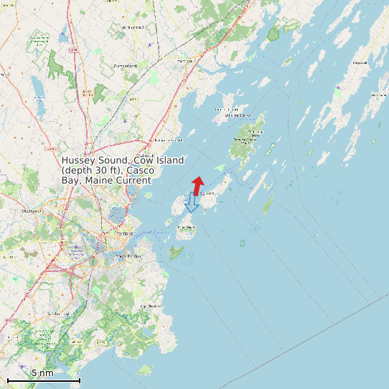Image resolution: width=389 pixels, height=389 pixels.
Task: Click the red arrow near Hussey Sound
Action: [197, 183]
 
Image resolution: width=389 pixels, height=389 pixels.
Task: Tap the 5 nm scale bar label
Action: [42, 372]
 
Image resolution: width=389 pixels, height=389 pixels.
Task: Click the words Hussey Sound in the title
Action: [92, 161]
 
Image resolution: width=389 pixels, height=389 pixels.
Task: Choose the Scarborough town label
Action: [55, 314]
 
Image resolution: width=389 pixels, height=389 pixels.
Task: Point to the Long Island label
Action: [207, 193]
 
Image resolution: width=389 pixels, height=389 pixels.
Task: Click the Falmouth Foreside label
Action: [167, 140]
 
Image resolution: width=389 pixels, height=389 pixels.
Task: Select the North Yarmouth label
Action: [133, 27]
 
